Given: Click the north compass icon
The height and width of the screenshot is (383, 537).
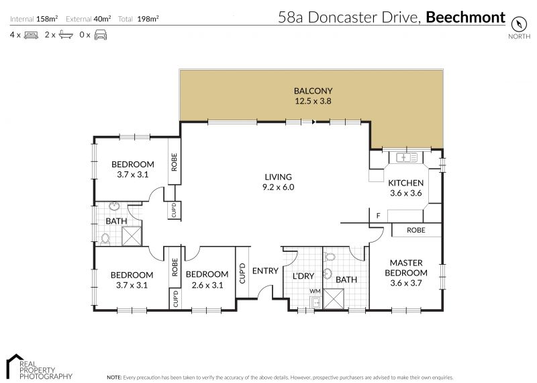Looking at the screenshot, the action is tap(518, 24).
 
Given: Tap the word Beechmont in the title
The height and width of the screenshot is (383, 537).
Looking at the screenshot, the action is tap(465, 17).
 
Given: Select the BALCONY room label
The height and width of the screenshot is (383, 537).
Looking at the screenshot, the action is tap(313, 91).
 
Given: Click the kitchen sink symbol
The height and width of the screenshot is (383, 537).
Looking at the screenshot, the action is tap(407, 157).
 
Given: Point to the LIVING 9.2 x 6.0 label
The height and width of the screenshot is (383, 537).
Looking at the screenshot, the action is tap(278, 182).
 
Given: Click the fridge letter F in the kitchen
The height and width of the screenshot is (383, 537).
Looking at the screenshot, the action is tap(378, 216).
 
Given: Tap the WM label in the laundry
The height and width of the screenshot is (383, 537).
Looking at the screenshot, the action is tap(315, 291).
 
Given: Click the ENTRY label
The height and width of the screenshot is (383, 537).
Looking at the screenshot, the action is tap(265, 271).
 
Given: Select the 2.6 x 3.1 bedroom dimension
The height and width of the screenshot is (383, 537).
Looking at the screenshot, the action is tap(207, 285).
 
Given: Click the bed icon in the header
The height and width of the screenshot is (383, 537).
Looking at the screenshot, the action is tap(31, 35).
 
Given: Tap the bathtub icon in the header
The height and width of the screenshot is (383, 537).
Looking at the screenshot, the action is tap(66, 35).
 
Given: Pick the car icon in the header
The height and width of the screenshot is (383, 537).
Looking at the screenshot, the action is tap(101, 35).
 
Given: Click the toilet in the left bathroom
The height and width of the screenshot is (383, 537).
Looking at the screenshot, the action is tap(105, 239).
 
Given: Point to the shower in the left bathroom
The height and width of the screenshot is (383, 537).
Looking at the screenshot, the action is tap(132, 236).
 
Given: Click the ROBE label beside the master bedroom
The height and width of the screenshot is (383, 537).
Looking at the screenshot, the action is tap(416, 230).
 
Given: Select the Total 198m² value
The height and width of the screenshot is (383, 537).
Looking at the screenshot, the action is tap(148, 19).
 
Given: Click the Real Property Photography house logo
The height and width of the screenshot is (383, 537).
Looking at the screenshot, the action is tap(15, 364).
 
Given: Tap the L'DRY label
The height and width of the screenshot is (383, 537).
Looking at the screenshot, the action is tap(303, 276).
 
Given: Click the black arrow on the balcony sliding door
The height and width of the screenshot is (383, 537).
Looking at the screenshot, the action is tap(313, 122).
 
